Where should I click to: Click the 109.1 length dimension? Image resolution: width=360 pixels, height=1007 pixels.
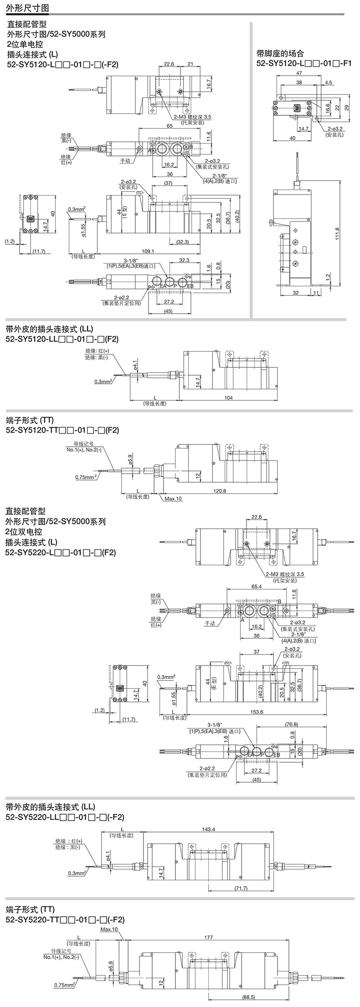point(148,251)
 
